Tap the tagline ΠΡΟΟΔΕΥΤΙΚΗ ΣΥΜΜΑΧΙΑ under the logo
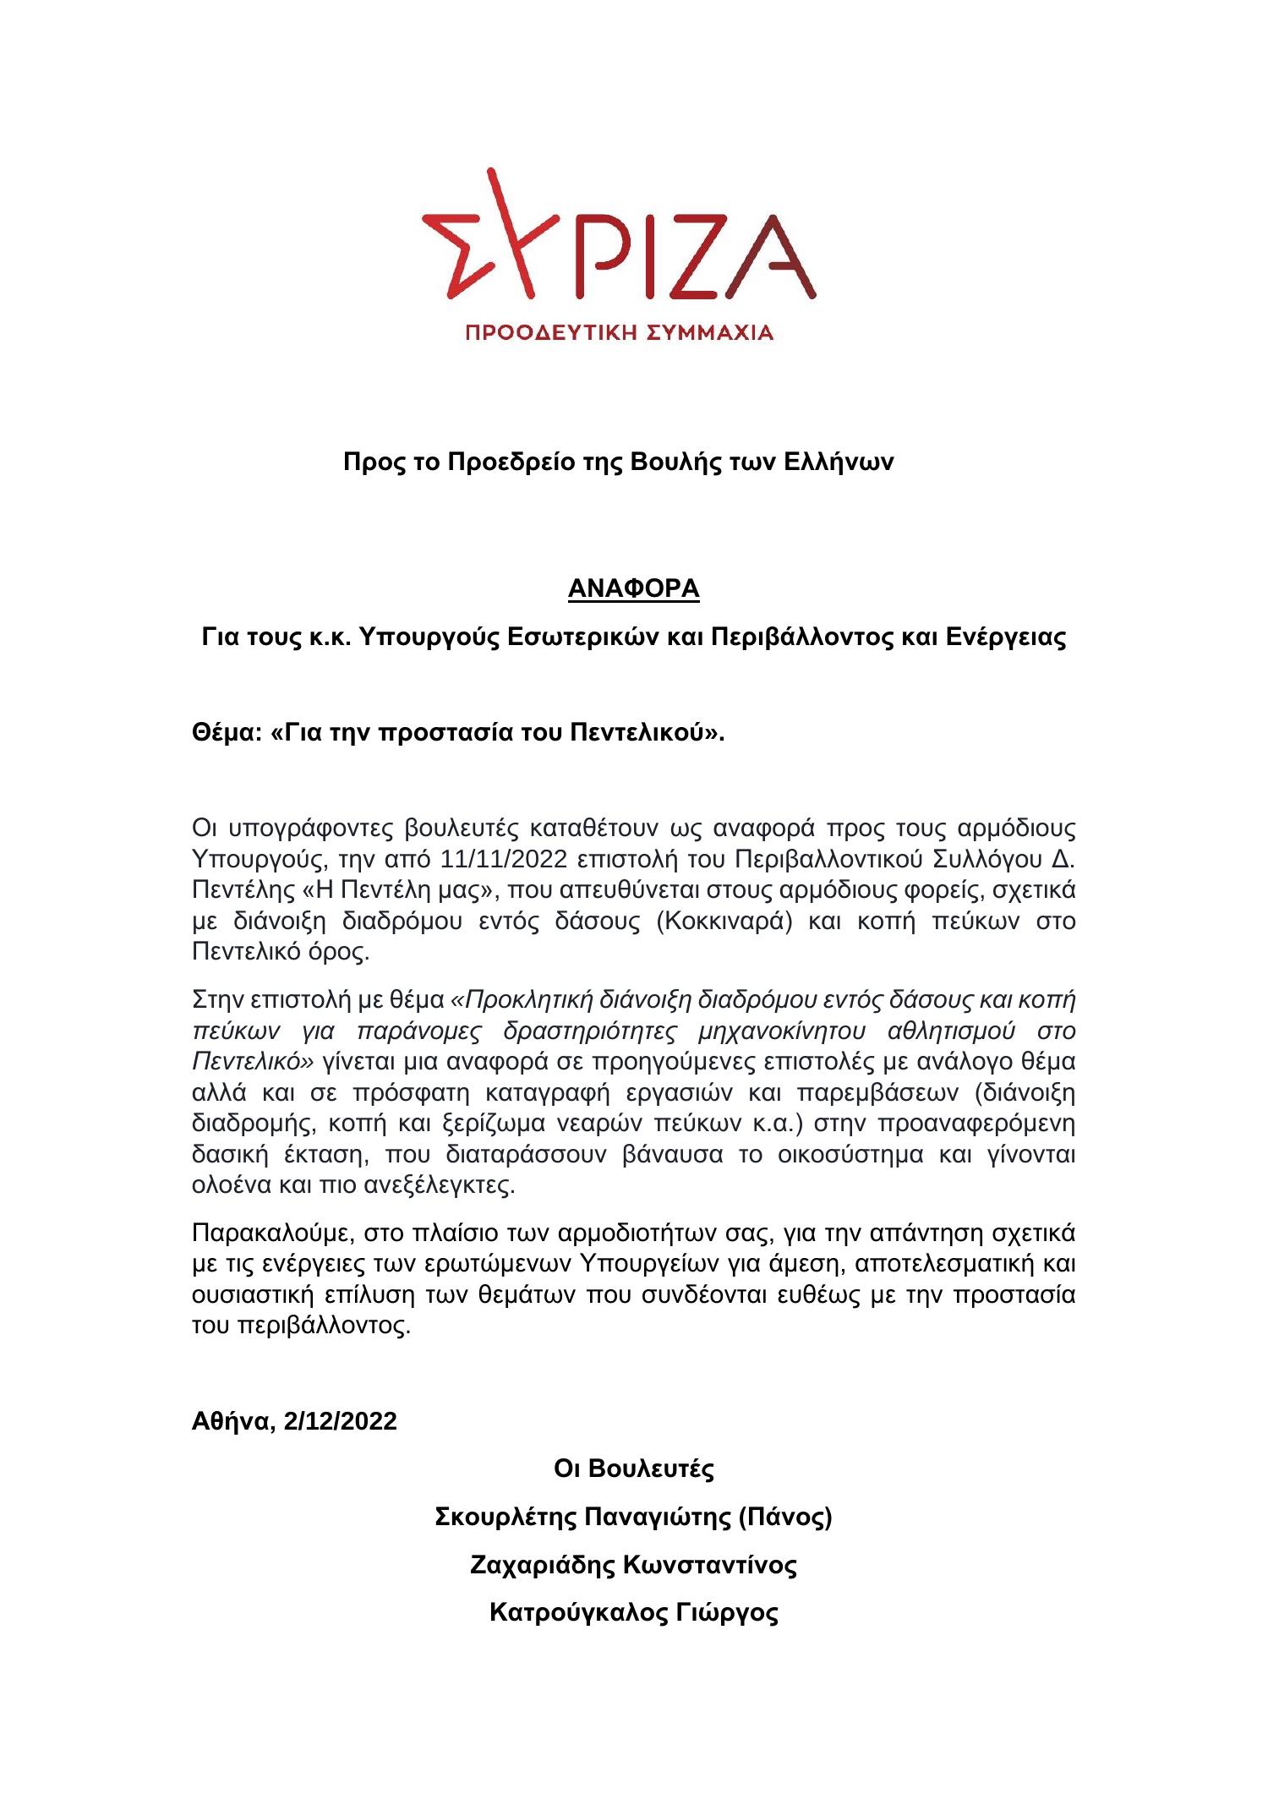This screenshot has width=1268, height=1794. click(620, 332)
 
